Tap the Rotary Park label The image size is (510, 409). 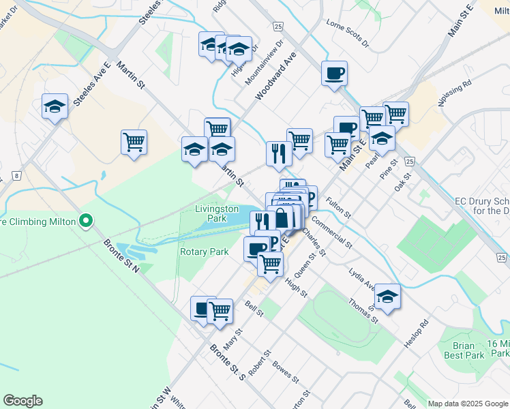(204, 252)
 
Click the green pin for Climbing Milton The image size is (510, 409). (85, 221)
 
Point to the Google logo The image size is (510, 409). (22, 401)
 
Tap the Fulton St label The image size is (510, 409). (339, 207)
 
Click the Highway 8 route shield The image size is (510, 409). (16, 175)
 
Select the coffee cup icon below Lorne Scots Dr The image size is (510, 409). (334, 74)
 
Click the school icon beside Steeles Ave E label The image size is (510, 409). (55, 106)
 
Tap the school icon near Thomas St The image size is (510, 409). (387, 297)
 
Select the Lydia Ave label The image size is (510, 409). (361, 278)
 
